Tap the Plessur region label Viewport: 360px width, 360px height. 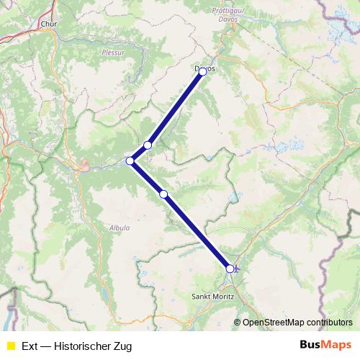tap(113, 53)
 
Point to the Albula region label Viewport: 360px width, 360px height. tap(120, 228)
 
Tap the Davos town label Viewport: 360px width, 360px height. tap(204, 68)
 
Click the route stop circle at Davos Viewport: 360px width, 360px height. tap(203, 71)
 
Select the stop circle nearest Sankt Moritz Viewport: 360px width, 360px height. tap(230, 269)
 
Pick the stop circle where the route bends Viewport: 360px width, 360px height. tap(130, 161)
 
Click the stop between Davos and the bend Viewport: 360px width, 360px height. tap(148, 145)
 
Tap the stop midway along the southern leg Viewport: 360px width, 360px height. tap(163, 194)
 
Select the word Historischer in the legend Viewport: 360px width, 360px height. tap(82, 346)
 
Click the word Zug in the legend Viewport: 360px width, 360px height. tap(122, 346)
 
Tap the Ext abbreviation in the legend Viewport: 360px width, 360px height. tap(30, 346)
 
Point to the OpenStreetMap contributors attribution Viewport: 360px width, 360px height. tap(297, 323)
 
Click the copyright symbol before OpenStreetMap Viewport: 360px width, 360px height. tap(238, 323)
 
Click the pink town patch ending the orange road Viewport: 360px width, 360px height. tap(85, 169)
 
